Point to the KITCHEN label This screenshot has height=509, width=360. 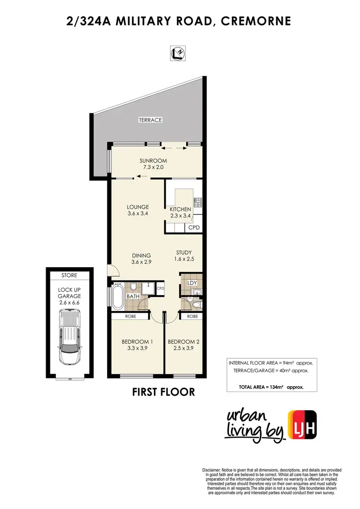pos(180,209)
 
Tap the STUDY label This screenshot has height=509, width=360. pos(184,252)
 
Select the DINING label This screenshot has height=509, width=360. pos(141,255)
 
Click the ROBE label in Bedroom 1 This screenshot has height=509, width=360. pos(131,317)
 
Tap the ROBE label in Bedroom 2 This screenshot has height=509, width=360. pos(192,317)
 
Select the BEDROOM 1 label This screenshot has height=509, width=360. pos(137,342)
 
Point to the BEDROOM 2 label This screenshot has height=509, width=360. pos(183,342)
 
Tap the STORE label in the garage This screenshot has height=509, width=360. pos(68,275)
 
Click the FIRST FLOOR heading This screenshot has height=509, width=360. pos(163,392)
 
